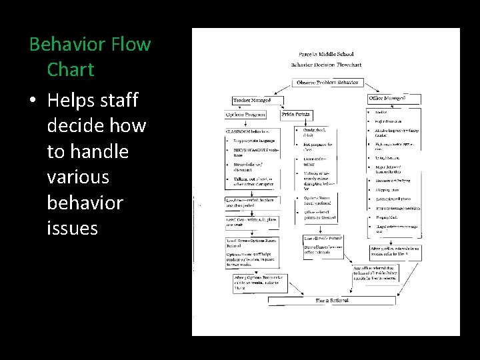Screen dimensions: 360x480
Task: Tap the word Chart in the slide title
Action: pyautogui.click(x=71, y=69)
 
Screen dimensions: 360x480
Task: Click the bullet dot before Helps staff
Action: pyautogui.click(x=33, y=101)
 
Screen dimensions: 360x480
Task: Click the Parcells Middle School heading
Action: pyautogui.click(x=326, y=53)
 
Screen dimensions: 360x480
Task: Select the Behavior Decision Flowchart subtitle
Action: pyautogui.click(x=326, y=65)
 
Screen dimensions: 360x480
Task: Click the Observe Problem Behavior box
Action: pyautogui.click(x=327, y=83)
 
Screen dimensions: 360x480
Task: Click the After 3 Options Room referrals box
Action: pyautogui.click(x=259, y=281)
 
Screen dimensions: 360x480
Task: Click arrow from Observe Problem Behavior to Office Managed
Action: pyautogui.click(x=373, y=87)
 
